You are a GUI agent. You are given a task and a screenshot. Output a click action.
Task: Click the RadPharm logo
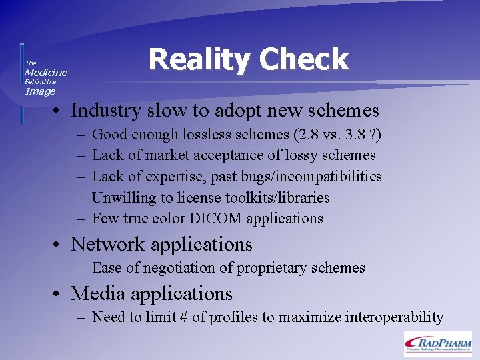tap(437, 343)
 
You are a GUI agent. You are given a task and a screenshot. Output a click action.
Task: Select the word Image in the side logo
tap(40, 91)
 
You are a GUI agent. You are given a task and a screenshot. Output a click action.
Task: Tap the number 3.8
tap(355, 135)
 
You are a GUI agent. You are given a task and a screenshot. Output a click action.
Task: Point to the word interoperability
tap(394, 317)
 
